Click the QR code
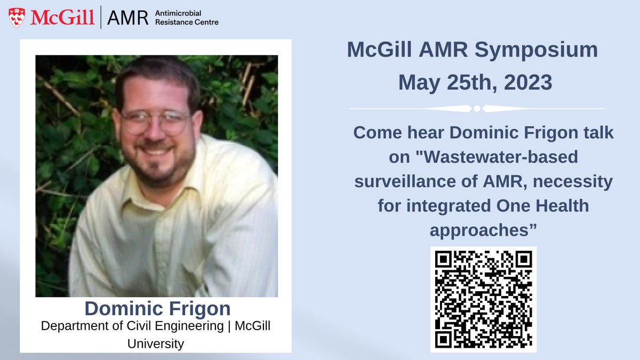coord(483,299)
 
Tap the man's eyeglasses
coord(155,121)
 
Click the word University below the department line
coord(156,343)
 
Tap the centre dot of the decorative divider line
coord(477,108)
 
